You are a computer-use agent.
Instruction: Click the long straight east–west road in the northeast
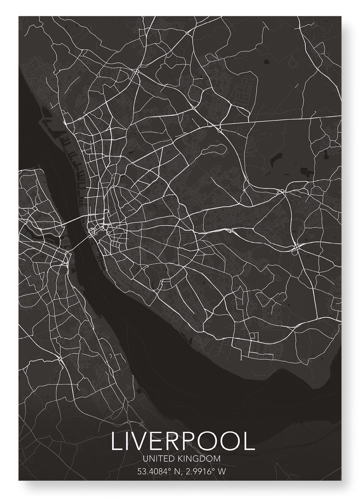(282, 121)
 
